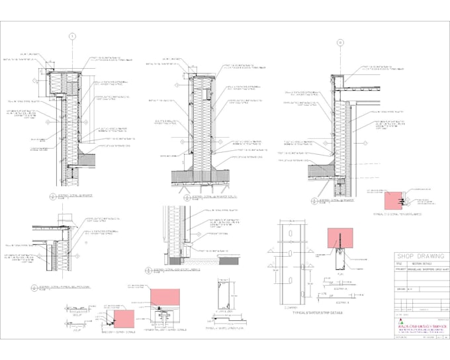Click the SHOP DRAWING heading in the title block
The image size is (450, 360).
pos(420,256)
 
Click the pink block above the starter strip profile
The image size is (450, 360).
pos(339,238)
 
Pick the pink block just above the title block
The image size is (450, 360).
pos(395,198)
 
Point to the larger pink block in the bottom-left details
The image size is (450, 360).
pos(166,297)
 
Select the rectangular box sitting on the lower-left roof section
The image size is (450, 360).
pos(66,219)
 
